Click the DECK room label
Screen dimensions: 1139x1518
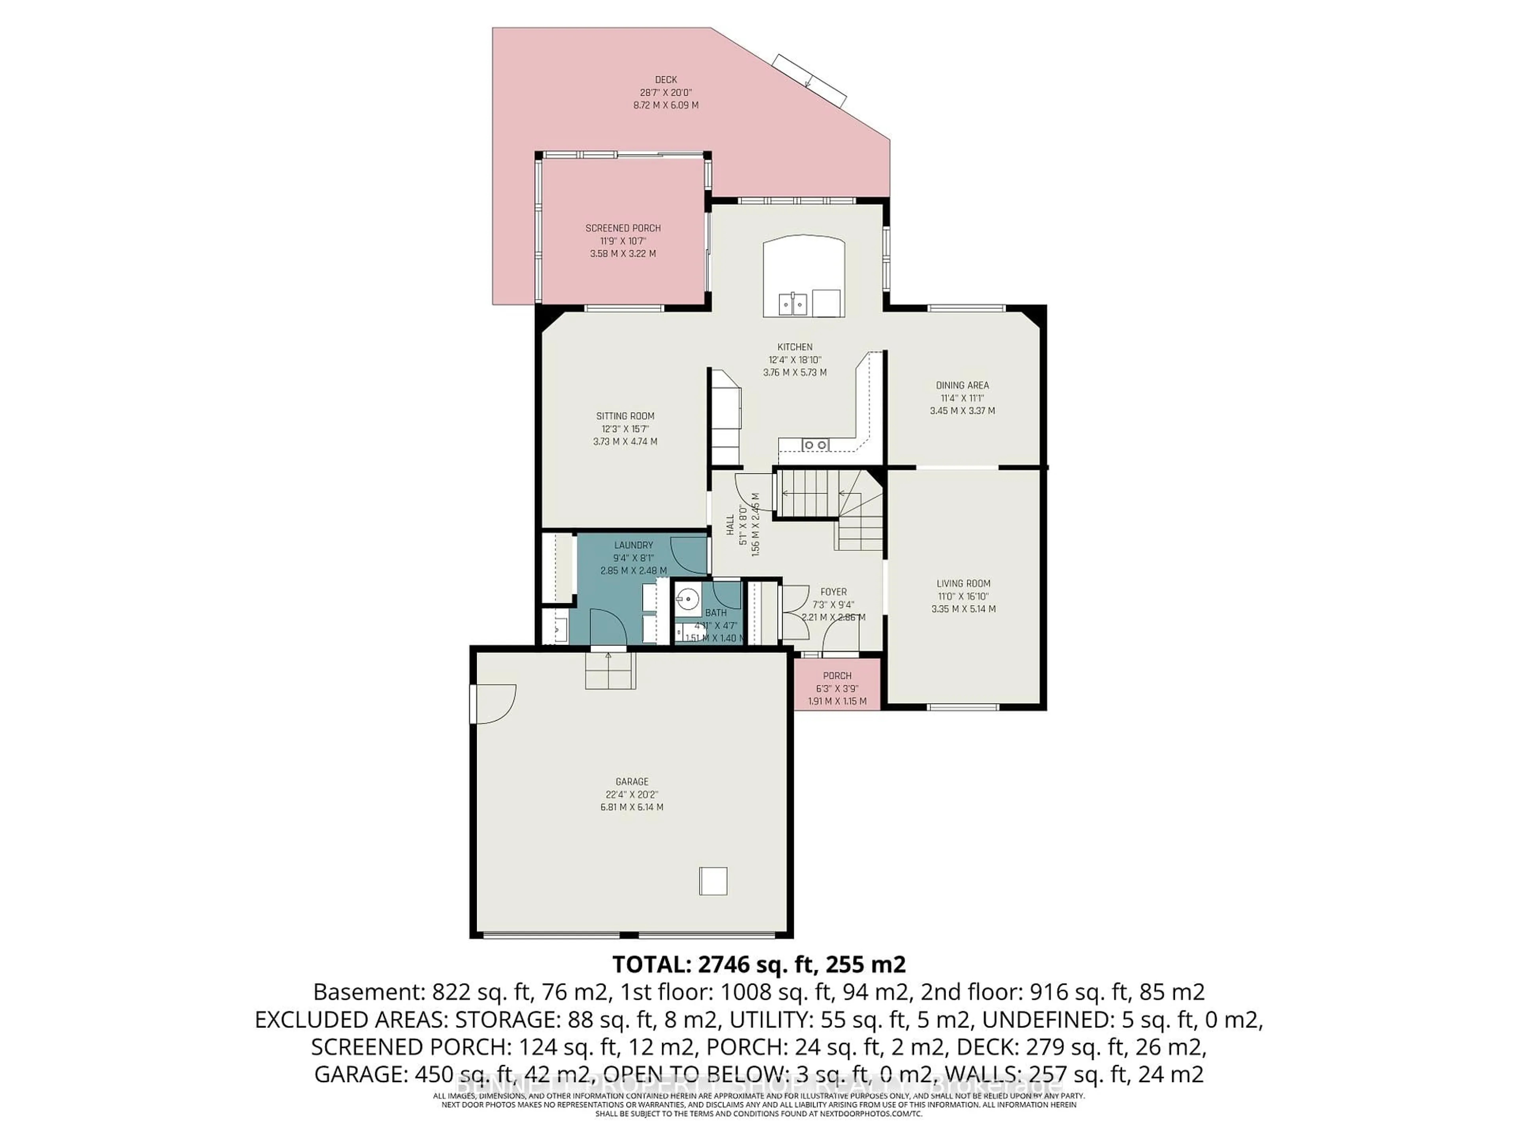666,79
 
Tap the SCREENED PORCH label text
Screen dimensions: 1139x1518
623,228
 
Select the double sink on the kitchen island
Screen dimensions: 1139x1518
793,303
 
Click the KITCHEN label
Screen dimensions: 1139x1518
794,347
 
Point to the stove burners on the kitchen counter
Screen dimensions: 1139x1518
815,445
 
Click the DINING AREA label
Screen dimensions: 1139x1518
962,385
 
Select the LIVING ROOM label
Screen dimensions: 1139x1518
963,583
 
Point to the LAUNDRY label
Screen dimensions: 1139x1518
633,545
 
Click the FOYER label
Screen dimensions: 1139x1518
833,592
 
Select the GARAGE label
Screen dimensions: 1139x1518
631,781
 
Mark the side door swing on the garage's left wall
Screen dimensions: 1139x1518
493,704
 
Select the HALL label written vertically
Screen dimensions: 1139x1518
730,525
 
